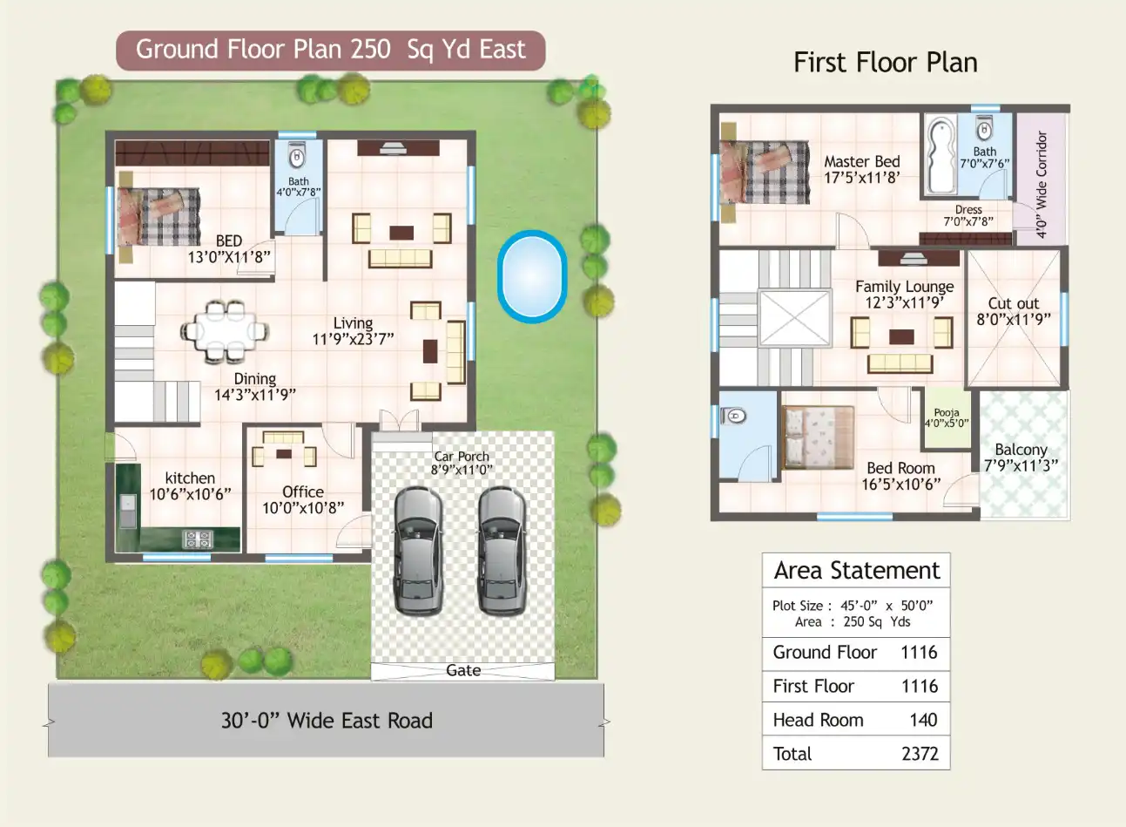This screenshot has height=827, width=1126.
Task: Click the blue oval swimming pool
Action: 531,276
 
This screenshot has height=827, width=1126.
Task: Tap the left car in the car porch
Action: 417,551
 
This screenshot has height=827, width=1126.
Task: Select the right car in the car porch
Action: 502,551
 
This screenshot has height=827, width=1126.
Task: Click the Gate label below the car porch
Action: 463,670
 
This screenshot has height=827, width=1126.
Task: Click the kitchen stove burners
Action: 197,539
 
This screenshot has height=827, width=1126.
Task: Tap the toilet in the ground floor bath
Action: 297,157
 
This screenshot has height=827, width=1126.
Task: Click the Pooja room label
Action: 947,413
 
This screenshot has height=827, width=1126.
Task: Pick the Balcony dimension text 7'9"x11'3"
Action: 1021,465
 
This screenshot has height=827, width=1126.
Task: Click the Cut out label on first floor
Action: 1014,303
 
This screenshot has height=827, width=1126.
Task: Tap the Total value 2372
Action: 920,754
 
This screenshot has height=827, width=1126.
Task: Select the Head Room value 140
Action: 923,720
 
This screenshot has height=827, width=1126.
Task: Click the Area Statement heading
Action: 857,571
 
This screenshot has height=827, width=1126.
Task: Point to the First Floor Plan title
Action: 885,63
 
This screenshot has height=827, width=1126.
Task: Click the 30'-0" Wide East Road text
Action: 327,721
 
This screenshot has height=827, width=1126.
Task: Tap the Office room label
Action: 303,492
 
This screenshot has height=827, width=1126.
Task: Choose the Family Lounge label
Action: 904,287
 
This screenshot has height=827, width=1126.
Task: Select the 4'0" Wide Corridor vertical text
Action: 1042,184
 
